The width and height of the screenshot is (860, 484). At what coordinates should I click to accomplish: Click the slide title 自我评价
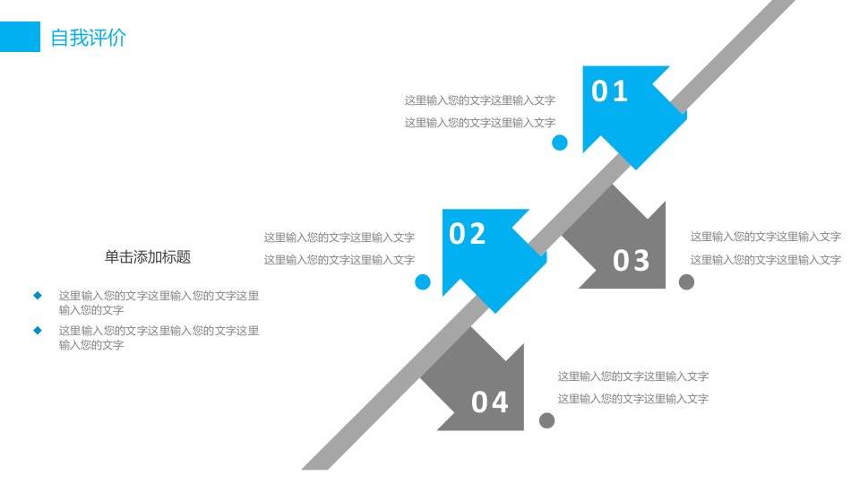coord(89,38)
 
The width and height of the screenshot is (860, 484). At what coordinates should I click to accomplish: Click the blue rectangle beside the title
coord(20,37)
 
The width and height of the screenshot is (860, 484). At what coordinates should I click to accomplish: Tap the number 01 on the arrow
coord(609,91)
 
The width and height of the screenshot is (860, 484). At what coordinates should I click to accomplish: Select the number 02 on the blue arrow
coord(468,234)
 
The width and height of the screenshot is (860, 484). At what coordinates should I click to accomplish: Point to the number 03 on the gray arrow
coord(632,260)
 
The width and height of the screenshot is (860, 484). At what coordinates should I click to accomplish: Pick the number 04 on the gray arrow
coord(490,402)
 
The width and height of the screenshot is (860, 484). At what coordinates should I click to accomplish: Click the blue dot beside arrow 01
coord(559,143)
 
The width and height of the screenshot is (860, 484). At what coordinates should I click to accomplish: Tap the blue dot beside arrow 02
coord(423,282)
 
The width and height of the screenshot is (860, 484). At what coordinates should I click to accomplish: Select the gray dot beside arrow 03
coord(687,282)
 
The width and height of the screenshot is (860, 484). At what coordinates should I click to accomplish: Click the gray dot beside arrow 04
coord(546,421)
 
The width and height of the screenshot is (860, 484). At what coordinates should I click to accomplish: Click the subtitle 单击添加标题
coord(148,257)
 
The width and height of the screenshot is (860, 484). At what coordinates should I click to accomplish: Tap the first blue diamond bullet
coord(38,296)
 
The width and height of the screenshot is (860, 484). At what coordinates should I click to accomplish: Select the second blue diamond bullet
coord(38,331)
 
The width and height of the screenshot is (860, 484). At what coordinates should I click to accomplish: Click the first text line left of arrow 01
coord(480,100)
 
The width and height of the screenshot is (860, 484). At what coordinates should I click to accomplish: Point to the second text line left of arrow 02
coord(339,260)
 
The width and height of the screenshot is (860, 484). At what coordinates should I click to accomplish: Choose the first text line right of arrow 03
coord(766,237)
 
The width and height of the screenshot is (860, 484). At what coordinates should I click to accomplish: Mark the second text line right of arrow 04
coord(633,399)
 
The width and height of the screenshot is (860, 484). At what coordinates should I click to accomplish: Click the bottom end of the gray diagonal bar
coord(314,469)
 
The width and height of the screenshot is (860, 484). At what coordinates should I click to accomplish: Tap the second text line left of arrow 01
coord(480,123)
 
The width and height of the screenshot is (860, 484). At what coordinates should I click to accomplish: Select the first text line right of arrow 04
coord(633,376)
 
